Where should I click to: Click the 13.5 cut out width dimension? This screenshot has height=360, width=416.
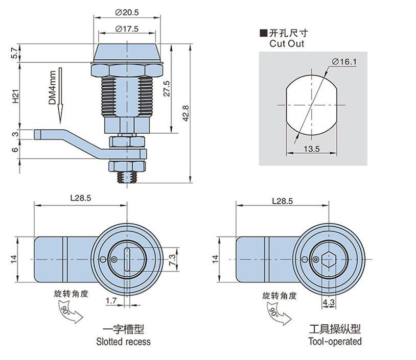coord(311,149)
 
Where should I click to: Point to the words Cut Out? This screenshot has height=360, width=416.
coord(287,44)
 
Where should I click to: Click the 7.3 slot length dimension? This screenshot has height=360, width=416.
coord(172,259)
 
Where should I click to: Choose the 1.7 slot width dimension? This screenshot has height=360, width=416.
coord(111,301)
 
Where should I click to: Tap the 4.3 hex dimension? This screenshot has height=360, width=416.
coord(328,302)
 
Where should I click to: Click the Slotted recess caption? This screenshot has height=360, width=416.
coord(123,342)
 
